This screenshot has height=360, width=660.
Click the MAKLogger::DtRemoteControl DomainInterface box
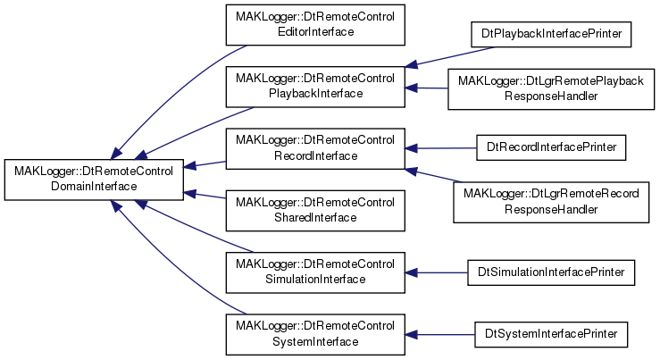tap(94, 180)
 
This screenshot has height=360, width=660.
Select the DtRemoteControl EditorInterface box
tap(315, 25)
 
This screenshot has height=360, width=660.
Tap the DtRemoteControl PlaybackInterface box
tap(315, 87)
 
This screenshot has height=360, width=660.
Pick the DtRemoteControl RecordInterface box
tap(315, 148)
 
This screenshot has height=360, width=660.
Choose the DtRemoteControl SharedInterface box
tap(315, 211)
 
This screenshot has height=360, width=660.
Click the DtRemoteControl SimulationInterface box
tap(315, 272)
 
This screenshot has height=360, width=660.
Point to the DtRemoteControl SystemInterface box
tap(315, 334)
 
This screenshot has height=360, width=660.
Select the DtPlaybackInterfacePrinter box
tap(551, 34)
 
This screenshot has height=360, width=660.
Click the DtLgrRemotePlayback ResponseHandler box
tap(551, 89)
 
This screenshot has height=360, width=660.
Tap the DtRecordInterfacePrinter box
tap(551, 147)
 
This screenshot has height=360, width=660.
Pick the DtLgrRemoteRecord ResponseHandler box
tap(551, 203)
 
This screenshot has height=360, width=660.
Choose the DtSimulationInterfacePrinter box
tap(551, 272)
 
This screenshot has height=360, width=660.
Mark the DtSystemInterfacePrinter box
tap(551, 334)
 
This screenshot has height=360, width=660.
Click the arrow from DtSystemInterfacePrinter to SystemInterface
tap(440, 335)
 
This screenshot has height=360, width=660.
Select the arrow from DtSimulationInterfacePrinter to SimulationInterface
tap(436, 272)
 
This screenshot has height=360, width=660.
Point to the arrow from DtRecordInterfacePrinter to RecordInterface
tap(440, 148)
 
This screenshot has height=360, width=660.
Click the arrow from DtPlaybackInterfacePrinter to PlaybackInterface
tap(450, 56)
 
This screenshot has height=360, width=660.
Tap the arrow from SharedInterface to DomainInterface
tap(205, 196)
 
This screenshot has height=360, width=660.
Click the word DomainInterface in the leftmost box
tap(94, 187)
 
